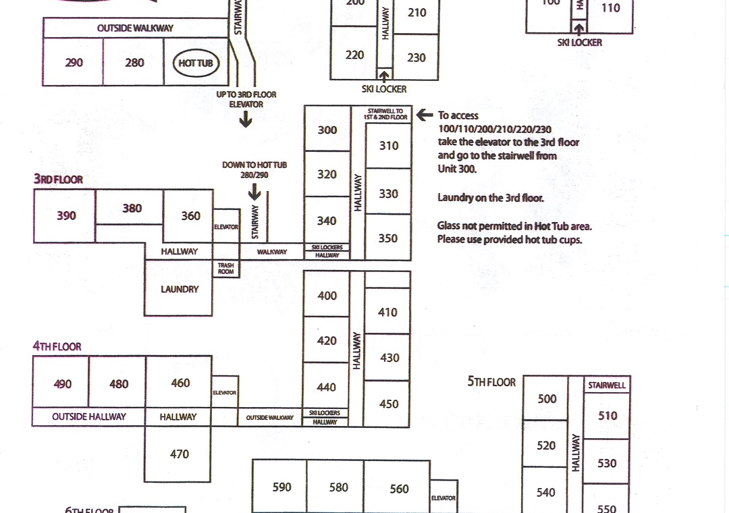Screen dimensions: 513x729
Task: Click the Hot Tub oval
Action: [x=196, y=63]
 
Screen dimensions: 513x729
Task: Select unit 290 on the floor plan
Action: [x=74, y=62]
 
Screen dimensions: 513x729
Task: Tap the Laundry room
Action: [x=180, y=289]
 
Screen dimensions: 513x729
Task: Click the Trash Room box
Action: [x=225, y=269]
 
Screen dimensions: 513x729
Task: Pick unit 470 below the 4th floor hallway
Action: [x=179, y=454]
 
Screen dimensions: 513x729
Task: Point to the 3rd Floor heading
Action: [x=59, y=180]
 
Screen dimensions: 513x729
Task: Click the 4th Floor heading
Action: [x=57, y=346]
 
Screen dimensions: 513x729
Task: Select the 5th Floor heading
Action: [x=491, y=382]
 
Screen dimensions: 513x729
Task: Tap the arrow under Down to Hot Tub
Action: [x=254, y=193]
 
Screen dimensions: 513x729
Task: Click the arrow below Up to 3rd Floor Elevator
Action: [x=246, y=120]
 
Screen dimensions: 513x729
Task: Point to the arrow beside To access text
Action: [x=425, y=115]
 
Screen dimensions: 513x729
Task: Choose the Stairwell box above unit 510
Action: [x=607, y=385]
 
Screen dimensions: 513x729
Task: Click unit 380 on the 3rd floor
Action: [x=132, y=208]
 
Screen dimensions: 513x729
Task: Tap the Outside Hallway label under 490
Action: [x=88, y=417]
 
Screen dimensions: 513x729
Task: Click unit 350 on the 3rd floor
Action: [x=388, y=238]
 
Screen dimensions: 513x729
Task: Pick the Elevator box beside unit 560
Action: [x=443, y=498]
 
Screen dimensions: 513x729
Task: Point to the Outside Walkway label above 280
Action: [x=135, y=28]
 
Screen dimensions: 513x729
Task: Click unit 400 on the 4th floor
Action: [x=327, y=296]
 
